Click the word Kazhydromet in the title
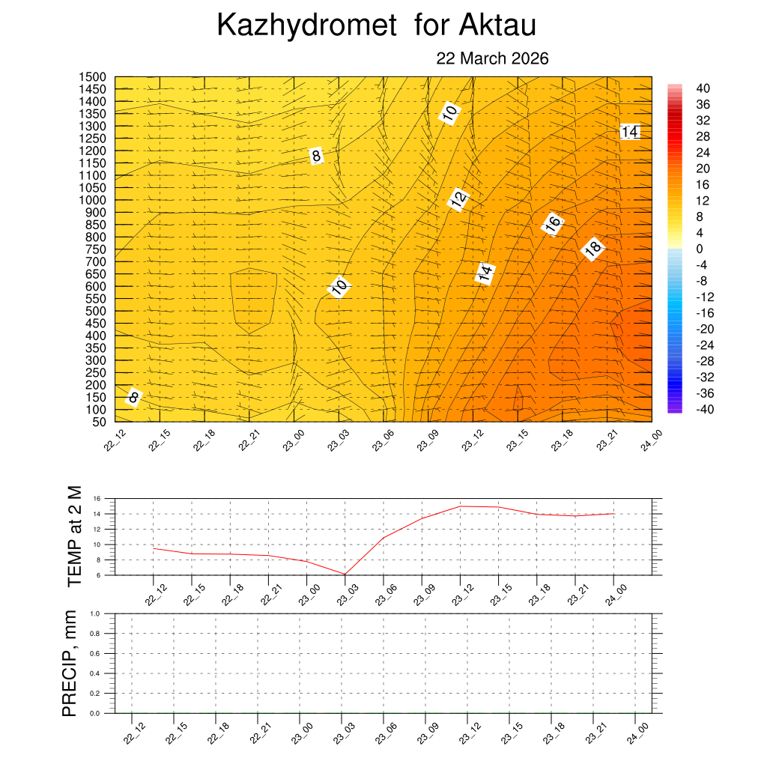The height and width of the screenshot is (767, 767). tap(306, 25)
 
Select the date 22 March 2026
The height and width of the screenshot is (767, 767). tap(492, 58)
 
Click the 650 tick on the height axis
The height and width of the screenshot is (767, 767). tap(95, 274)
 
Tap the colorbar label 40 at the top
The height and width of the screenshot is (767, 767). tap(703, 88)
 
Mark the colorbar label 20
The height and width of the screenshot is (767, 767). tap(703, 169)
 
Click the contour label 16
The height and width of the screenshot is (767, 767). tap(553, 223)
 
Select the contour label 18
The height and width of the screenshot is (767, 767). tap(592, 249)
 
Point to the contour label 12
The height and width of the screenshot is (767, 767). tap(458, 198)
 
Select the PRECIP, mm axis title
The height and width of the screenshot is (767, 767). tap(70, 663)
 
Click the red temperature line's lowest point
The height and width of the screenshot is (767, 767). tap(345, 575)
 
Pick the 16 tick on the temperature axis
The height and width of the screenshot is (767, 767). tap(97, 498)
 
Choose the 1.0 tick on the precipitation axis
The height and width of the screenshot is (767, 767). tap(96, 613)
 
